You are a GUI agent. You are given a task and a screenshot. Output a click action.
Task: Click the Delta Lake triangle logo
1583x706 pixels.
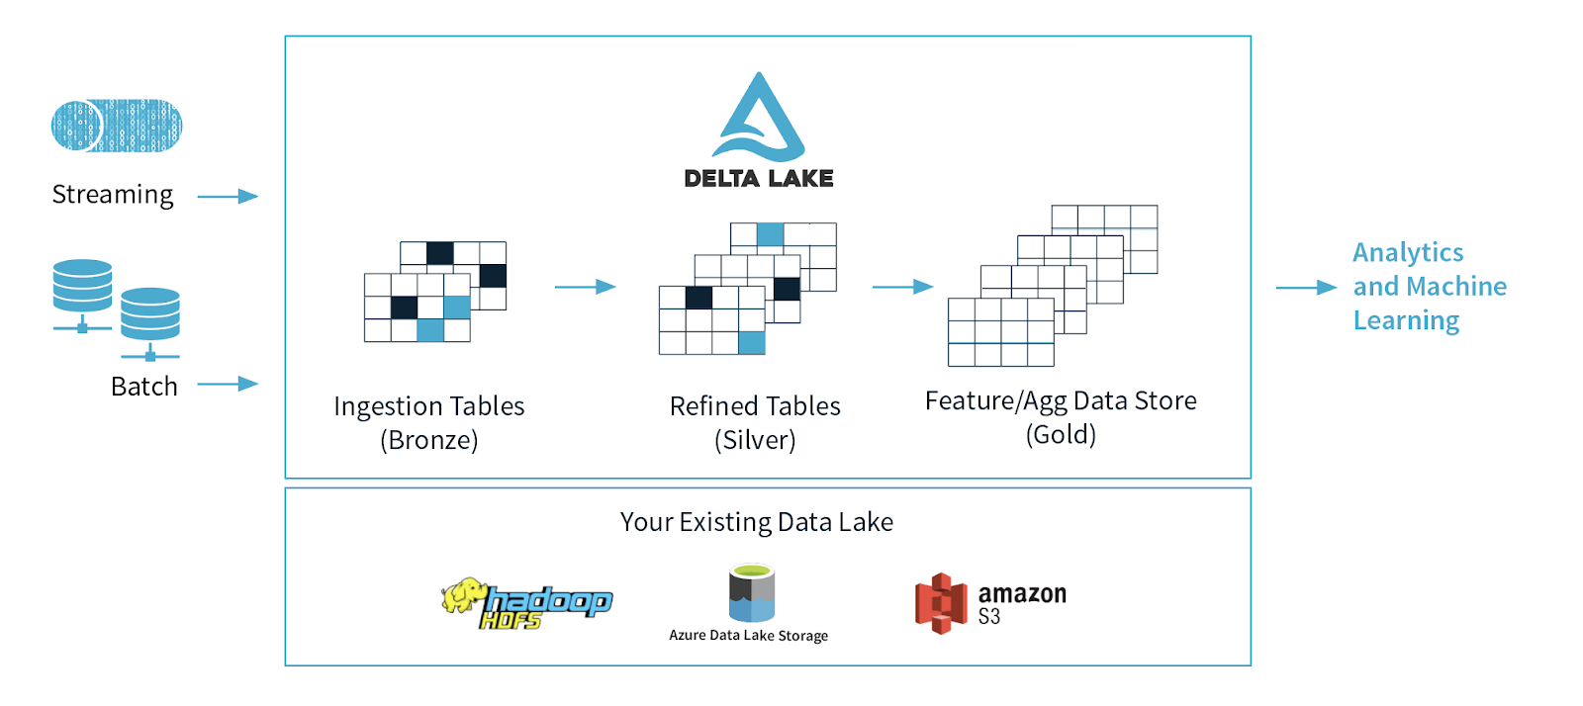coord(759,119)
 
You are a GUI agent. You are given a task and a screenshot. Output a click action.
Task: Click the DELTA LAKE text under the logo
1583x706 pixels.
coord(759,179)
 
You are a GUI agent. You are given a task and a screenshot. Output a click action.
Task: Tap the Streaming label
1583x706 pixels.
coord(113,195)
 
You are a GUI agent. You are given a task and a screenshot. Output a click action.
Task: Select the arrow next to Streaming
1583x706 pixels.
coord(228,197)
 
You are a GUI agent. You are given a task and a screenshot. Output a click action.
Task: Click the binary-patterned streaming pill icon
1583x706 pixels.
coord(117,126)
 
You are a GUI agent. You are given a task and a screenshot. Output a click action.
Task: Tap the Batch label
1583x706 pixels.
coord(144,387)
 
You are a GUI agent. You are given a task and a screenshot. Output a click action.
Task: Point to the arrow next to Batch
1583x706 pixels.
coord(228,384)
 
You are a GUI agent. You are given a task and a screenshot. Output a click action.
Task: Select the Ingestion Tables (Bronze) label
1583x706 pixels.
coord(429,422)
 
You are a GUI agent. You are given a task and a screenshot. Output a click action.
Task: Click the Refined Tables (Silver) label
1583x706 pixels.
coord(755,422)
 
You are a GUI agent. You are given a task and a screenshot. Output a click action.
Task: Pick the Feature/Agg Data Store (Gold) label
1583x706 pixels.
coord(1061,416)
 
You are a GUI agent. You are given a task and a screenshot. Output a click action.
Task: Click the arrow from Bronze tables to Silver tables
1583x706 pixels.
coord(585,287)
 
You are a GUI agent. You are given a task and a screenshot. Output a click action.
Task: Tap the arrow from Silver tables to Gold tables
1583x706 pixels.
coord(902,287)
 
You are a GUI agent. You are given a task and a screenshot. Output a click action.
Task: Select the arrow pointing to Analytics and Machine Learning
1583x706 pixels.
coord(1306,288)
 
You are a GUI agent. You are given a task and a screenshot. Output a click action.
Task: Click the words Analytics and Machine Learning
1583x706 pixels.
coord(1429,287)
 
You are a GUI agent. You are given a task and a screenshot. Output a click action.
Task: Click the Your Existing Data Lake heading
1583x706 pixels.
coord(757,522)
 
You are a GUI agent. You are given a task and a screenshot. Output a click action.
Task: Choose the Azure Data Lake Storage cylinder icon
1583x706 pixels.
coord(752,593)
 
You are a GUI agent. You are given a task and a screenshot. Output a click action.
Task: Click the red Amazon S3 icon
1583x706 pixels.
coord(940,603)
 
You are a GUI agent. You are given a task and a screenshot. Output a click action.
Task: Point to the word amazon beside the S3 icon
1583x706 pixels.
coord(1022,593)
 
